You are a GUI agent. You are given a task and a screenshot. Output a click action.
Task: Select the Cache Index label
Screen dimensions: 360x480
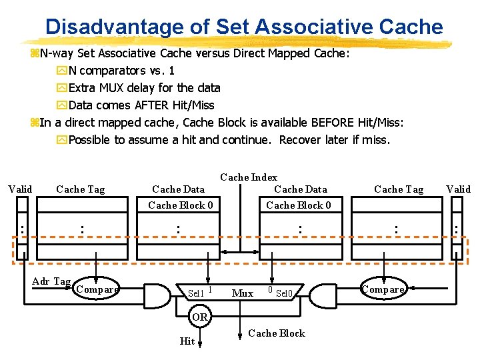tap(249, 177)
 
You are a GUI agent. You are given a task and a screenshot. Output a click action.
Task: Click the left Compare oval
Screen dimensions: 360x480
tap(97, 289)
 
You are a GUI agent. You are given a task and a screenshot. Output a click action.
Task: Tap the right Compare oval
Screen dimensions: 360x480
tap(383, 289)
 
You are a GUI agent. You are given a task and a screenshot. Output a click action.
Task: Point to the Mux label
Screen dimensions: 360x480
tap(243, 293)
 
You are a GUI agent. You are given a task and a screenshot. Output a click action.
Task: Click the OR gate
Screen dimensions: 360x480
tap(200, 317)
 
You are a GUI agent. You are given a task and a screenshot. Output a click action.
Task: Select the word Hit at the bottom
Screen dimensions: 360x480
tap(187, 341)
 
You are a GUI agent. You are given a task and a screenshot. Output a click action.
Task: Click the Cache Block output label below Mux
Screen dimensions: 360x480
tap(276, 333)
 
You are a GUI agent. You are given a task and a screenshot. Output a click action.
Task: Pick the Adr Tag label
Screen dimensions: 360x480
tap(51, 281)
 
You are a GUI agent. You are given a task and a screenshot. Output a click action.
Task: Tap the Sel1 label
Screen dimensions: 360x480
tap(196, 293)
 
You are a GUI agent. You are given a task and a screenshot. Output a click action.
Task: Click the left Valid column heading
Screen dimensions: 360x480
tap(20, 189)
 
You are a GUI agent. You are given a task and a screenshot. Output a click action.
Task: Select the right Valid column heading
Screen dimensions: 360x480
tap(458, 189)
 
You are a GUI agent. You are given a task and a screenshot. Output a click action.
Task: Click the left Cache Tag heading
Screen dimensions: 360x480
tap(80, 189)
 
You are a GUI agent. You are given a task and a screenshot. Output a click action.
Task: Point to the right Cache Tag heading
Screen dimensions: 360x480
tap(399, 189)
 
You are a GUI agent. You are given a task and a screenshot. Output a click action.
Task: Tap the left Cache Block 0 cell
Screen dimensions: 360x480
tap(181, 205)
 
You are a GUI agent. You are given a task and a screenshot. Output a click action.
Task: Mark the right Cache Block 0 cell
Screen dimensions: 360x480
tap(299, 205)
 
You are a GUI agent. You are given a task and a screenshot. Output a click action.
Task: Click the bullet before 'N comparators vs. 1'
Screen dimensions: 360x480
tap(62, 71)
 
